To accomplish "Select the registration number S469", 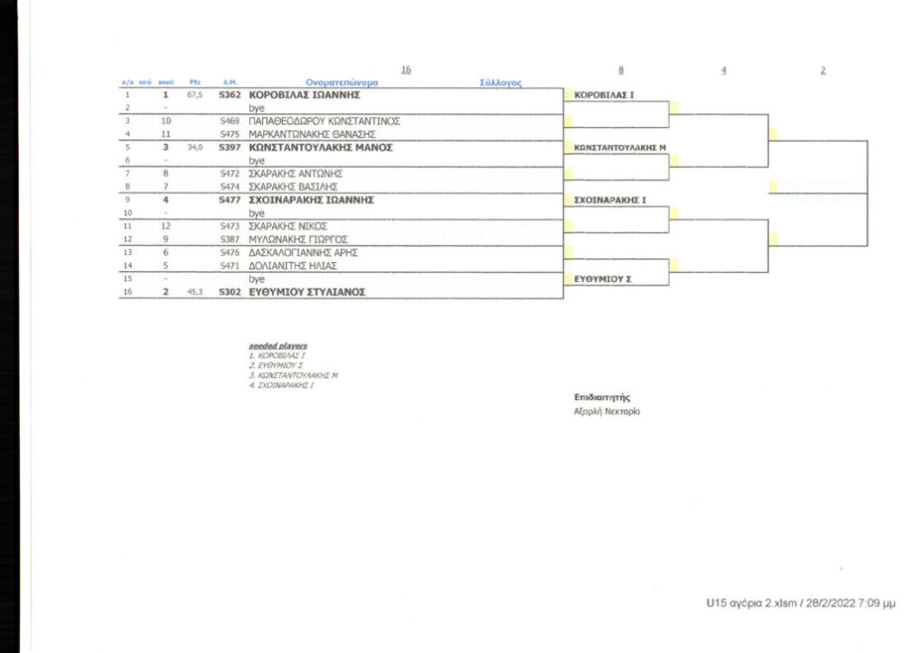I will point(228,121).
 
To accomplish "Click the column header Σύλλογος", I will point(500,82).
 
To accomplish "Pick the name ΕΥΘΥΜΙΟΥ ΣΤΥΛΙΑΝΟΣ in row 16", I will point(307,292).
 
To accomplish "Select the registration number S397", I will point(228,146).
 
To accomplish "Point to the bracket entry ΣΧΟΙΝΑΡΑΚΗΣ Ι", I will point(610,199).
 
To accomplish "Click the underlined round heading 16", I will point(405,70).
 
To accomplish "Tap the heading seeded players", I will point(278,346).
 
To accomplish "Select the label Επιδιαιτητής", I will point(601,396).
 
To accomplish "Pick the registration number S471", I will point(228,266).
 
